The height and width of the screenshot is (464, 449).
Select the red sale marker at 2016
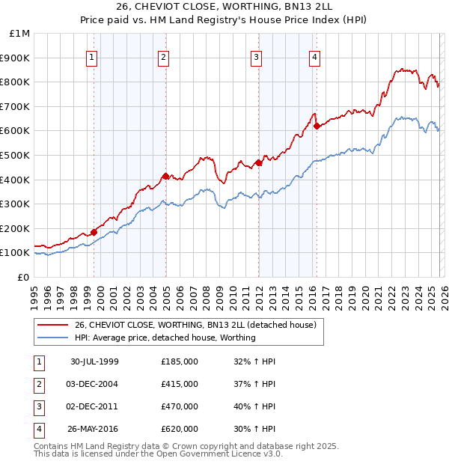point(317,126)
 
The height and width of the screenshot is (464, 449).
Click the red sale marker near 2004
point(165,176)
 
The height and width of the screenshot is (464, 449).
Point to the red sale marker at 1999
point(94,232)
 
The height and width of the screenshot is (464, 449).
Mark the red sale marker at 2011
point(258,162)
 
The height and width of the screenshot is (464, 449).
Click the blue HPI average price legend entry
point(165,338)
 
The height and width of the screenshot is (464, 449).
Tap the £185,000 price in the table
point(180,361)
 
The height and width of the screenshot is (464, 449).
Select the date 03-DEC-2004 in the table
point(94,384)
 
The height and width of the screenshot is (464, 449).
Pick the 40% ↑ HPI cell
point(255,406)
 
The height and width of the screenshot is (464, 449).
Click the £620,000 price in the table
point(180,429)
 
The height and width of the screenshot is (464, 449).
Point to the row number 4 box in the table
point(38,429)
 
